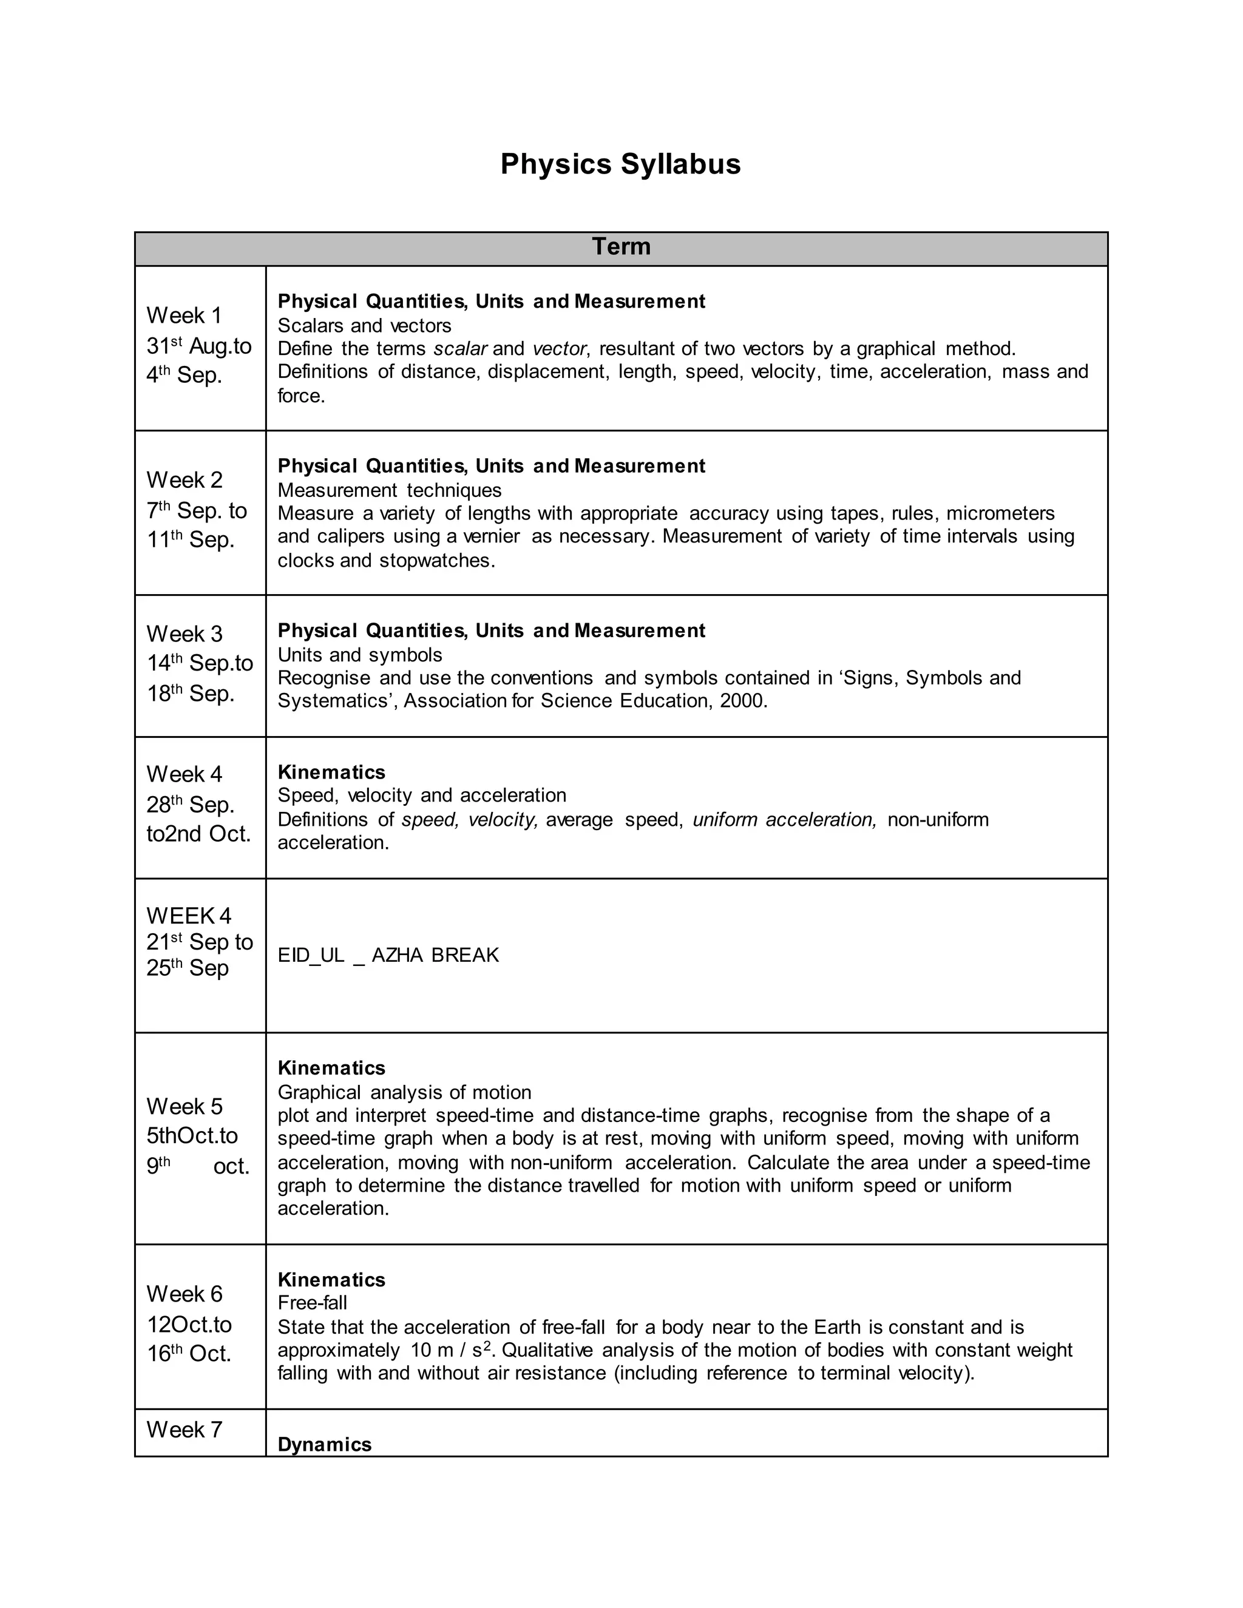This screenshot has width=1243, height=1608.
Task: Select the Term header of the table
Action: [621, 246]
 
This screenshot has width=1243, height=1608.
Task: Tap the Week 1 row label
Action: [184, 315]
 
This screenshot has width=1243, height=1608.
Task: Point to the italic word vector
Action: [560, 348]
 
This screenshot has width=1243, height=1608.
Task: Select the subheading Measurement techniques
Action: [390, 490]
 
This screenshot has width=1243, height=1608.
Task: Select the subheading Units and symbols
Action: [360, 655]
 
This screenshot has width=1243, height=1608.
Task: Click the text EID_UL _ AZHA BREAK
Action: [388, 955]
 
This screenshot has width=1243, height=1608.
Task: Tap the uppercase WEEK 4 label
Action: [189, 915]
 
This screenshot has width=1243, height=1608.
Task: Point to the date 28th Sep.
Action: [190, 805]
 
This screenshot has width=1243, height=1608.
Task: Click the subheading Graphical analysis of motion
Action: [404, 1092]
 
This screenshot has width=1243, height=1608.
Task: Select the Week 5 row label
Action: [184, 1106]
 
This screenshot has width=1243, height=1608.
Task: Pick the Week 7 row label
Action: [184, 1429]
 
